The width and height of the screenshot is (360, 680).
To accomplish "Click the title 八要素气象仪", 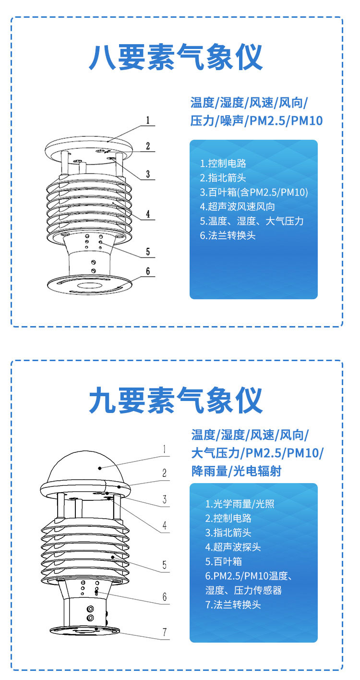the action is [x=176, y=57].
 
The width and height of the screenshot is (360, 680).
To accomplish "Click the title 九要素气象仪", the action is [x=176, y=401].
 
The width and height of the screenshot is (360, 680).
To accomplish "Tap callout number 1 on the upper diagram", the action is [x=148, y=120].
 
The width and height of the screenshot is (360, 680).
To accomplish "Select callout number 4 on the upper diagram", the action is [x=148, y=214].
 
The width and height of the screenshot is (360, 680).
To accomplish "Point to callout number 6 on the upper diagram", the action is [x=148, y=271].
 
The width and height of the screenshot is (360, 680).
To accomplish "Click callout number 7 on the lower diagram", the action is [x=165, y=631].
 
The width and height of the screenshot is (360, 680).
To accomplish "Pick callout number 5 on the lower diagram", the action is [x=164, y=565].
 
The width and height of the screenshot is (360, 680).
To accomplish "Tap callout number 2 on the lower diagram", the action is [x=164, y=473].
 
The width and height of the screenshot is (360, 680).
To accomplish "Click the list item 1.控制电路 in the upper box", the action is [x=223, y=163].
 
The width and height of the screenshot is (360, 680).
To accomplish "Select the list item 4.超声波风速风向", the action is [x=238, y=206].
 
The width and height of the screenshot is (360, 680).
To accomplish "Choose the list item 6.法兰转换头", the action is [x=228, y=235].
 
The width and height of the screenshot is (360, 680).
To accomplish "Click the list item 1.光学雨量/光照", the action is [x=240, y=504].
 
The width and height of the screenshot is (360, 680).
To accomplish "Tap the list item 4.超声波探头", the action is [x=233, y=547].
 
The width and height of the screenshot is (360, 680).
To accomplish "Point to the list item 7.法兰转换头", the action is [x=233, y=605].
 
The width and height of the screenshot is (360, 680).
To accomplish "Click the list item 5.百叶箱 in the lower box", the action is [x=223, y=561].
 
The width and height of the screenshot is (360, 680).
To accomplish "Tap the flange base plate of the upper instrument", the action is [x=90, y=285].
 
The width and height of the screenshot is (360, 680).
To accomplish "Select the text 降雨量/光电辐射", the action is [x=236, y=471].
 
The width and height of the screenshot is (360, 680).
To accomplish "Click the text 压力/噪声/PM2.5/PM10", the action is [x=256, y=121].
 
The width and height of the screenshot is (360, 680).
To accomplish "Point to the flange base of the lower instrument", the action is [x=84, y=630].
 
